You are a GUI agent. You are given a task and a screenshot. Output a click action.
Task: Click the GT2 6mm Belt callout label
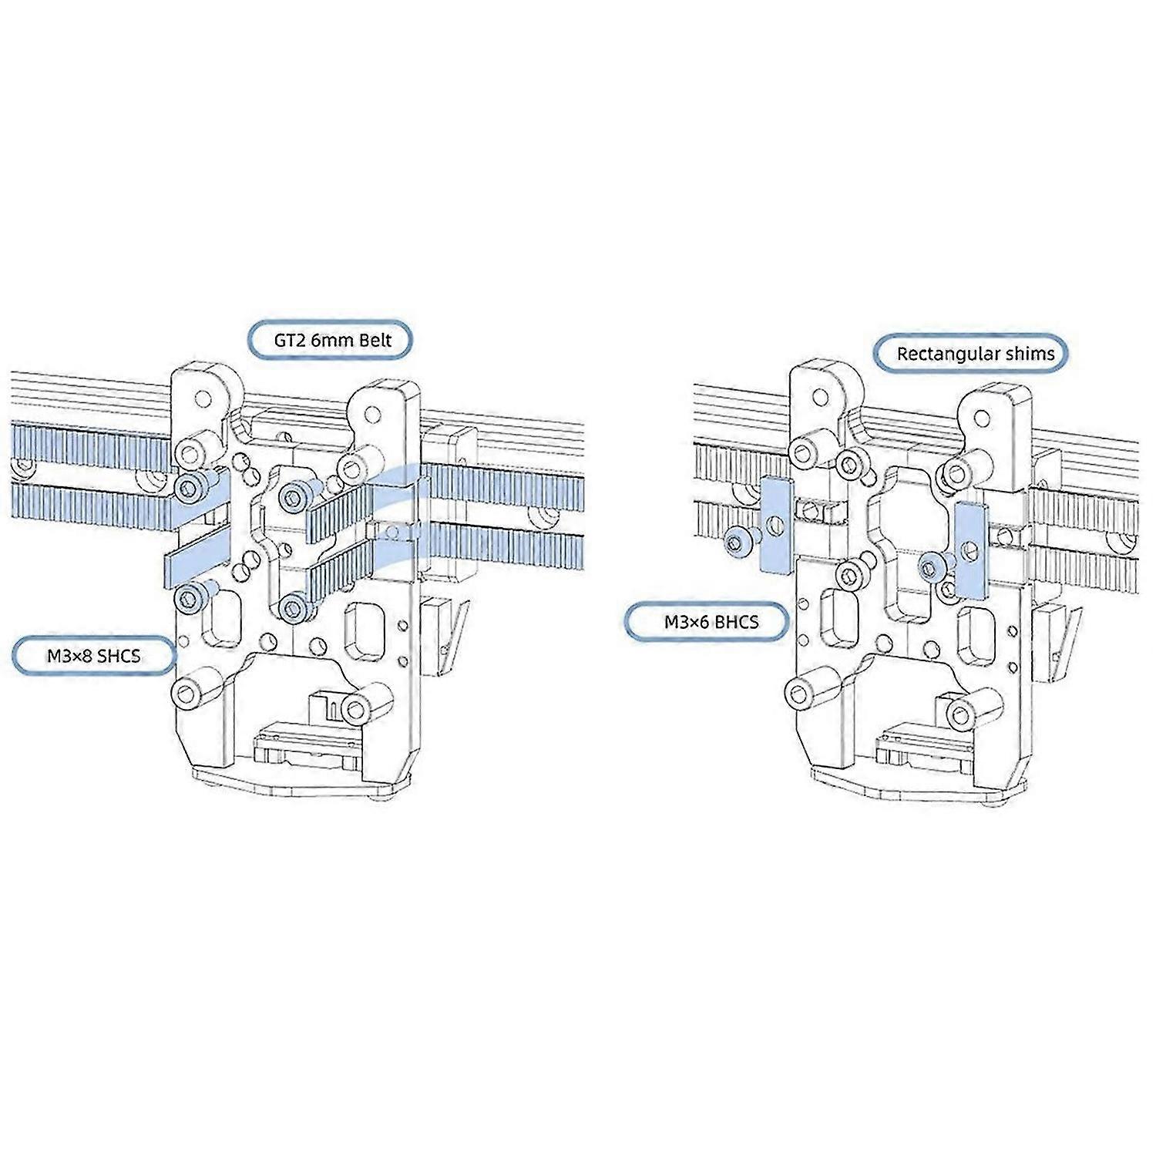point(330,340)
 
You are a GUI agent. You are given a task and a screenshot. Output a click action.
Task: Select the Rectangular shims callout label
point(976,354)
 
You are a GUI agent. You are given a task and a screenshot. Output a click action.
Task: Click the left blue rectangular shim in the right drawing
point(777,525)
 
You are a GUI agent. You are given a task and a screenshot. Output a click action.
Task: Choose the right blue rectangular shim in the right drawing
point(970,549)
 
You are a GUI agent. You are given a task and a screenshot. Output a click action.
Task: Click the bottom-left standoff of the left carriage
point(189,693)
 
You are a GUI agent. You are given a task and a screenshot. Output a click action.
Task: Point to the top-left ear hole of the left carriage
point(203,399)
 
